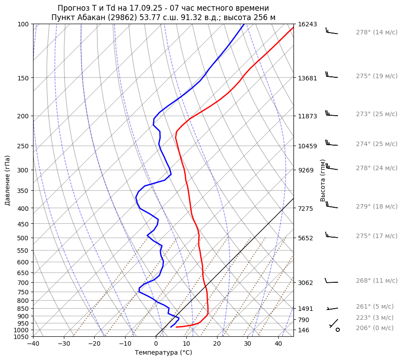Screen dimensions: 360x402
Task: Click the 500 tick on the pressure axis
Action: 23,238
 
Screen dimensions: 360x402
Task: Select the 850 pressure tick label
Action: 23,309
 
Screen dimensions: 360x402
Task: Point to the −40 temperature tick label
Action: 33,344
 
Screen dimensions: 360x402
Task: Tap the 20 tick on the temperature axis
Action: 217,344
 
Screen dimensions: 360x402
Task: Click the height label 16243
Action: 307,24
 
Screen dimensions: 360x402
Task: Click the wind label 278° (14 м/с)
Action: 377,32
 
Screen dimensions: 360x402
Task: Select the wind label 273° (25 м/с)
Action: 377,114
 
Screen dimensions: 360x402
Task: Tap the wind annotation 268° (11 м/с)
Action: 377,280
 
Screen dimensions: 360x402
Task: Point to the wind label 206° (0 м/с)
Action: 375,328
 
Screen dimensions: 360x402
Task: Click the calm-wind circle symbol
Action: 338,330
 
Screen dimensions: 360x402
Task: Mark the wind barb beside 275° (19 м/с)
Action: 331,76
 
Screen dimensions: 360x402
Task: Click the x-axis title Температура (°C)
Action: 163,352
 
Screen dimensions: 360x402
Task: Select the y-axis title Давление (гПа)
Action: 8,180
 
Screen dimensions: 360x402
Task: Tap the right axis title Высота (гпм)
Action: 323,180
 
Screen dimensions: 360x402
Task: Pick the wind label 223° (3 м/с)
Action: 375,318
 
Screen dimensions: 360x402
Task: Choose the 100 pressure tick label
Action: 23,24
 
